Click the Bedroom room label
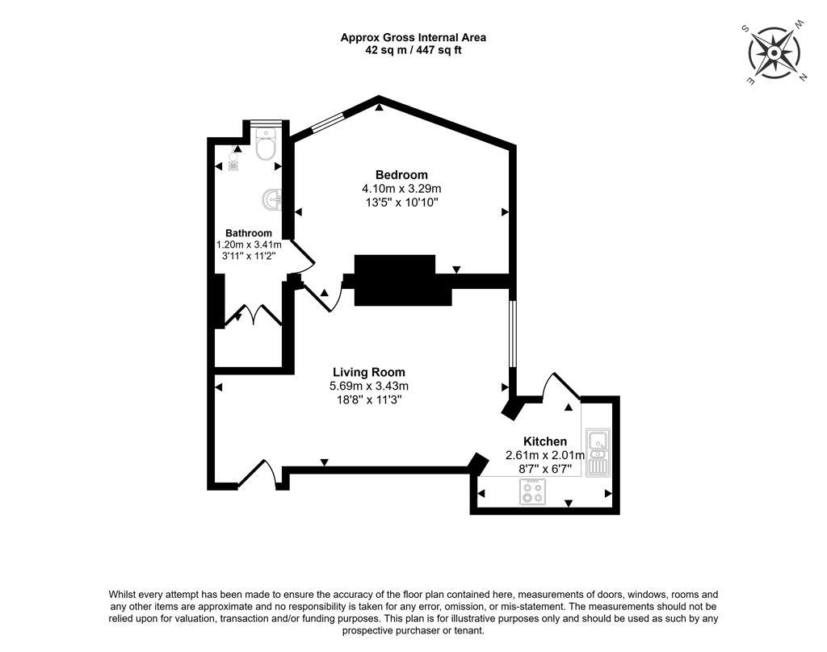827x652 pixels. (x=401, y=174)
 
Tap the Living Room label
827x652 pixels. (x=368, y=372)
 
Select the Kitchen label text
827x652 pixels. (x=545, y=441)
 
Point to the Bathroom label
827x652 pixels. (x=249, y=233)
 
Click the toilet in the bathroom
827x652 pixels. (x=266, y=144)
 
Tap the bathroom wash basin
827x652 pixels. (x=272, y=200)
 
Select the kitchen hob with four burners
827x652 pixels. (x=532, y=491)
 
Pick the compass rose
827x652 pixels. (x=774, y=53)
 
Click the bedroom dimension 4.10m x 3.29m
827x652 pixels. (x=401, y=188)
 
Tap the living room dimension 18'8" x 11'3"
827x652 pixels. (x=369, y=399)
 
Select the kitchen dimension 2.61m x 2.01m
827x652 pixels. (x=545, y=455)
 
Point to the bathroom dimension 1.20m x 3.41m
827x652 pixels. (x=249, y=245)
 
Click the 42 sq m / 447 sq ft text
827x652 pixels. (x=413, y=51)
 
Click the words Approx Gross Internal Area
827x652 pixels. (x=413, y=37)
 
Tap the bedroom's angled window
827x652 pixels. (x=327, y=122)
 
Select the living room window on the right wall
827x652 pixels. (x=512, y=333)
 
